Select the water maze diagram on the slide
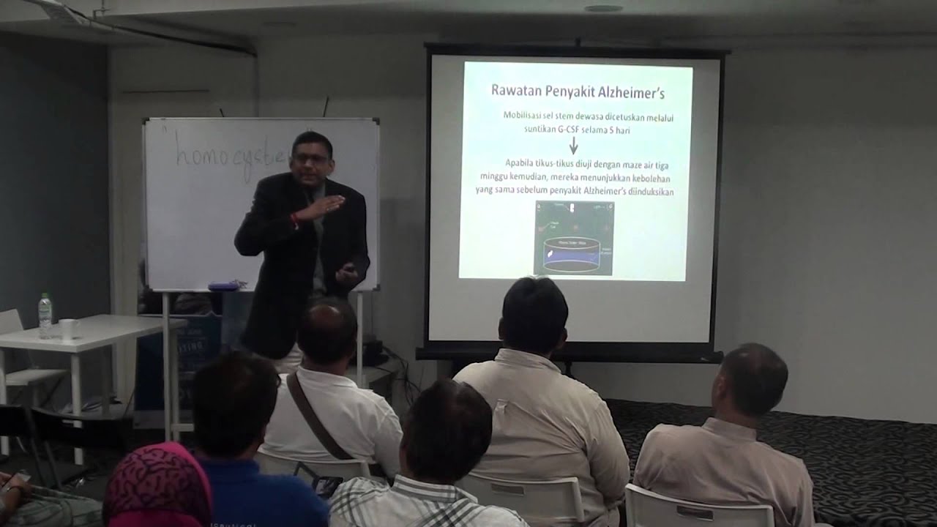pyautogui.click(x=574, y=238)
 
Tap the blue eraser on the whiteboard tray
pyautogui.click(x=223, y=285)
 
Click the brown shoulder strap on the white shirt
pyautogui.click(x=315, y=418)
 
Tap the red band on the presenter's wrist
pyautogui.click(x=295, y=220)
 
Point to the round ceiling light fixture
pyautogui.click(x=603, y=8)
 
